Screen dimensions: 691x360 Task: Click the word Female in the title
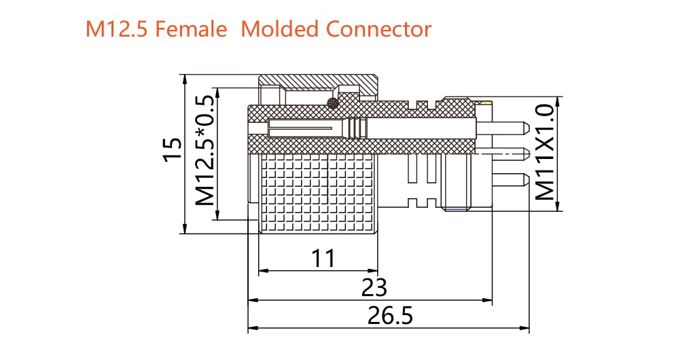coord(191,29)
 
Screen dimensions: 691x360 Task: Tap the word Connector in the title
coord(378,29)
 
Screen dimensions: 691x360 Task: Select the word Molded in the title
coord(280,29)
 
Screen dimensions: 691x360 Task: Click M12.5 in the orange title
coord(116,29)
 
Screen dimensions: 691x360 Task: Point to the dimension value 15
coord(173,150)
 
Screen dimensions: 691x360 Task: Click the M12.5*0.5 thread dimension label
coord(205,150)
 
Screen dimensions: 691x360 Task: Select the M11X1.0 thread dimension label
coord(545,152)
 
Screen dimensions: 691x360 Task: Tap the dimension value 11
coord(323,258)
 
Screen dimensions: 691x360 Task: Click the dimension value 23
coord(374,287)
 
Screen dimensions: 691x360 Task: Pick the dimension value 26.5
coord(390,315)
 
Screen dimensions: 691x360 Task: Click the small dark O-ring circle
coord(332,103)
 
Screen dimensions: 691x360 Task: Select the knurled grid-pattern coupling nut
coord(318,194)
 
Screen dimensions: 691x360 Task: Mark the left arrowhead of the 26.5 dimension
coord(252,328)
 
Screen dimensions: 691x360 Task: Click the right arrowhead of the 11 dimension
coord(374,270)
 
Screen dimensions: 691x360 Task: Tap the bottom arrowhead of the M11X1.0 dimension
coord(557,206)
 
